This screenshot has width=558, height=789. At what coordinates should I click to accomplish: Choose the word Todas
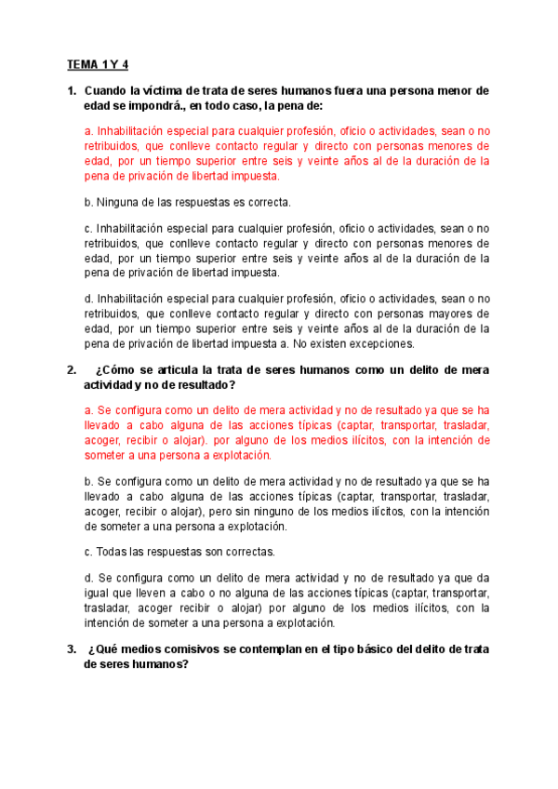[x=115, y=551]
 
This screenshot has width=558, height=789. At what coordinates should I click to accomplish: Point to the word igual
[x=99, y=593]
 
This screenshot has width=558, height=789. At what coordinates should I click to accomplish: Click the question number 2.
[x=72, y=370]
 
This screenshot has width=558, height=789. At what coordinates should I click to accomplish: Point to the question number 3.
[x=72, y=649]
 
